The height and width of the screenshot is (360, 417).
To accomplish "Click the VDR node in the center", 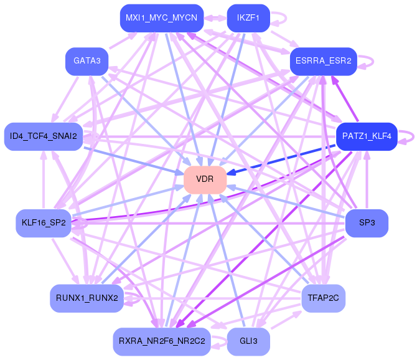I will [205, 179].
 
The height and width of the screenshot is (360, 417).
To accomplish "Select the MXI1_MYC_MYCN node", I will [161, 18].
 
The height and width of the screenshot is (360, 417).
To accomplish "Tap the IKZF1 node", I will [248, 18].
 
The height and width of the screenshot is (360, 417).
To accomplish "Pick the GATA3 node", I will [87, 61].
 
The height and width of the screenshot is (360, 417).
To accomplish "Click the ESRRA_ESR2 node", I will [323, 61].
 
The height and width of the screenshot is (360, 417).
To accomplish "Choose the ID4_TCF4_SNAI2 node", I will [43, 136].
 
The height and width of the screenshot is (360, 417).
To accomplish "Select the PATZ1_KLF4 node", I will [367, 136].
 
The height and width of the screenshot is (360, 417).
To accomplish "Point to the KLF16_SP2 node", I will [44, 223].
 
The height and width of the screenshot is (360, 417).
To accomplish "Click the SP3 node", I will [367, 223].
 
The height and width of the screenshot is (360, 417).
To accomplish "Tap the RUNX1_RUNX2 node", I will [87, 298].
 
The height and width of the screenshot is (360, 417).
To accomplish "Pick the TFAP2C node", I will [323, 298].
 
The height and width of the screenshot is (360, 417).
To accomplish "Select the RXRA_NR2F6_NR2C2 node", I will [161, 341].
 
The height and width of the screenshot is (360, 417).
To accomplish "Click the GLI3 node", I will [248, 341].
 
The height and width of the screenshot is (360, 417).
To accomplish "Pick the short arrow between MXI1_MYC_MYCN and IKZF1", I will [215, 18].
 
